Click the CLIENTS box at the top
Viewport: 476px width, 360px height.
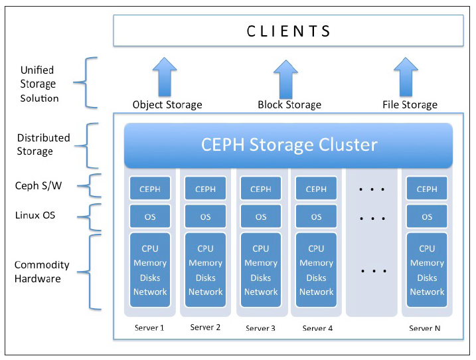click(288, 31)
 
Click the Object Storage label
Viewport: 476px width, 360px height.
click(167, 104)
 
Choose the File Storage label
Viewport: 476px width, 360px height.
click(410, 104)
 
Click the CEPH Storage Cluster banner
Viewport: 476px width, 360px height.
click(289, 145)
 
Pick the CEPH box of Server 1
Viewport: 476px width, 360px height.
click(150, 189)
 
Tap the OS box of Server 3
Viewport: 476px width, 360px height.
click(261, 217)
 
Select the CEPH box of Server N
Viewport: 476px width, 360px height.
click(427, 189)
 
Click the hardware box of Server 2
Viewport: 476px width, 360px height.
click(206, 269)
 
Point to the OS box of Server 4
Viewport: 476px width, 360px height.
click(316, 217)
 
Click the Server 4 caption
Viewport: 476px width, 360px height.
click(316, 328)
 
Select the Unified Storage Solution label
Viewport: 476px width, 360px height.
click(39, 84)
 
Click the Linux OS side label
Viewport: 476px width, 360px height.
click(35, 215)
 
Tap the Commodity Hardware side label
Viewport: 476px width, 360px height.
click(42, 272)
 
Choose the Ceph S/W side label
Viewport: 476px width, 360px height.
click(38, 187)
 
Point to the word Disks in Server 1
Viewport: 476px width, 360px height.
click(150, 278)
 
